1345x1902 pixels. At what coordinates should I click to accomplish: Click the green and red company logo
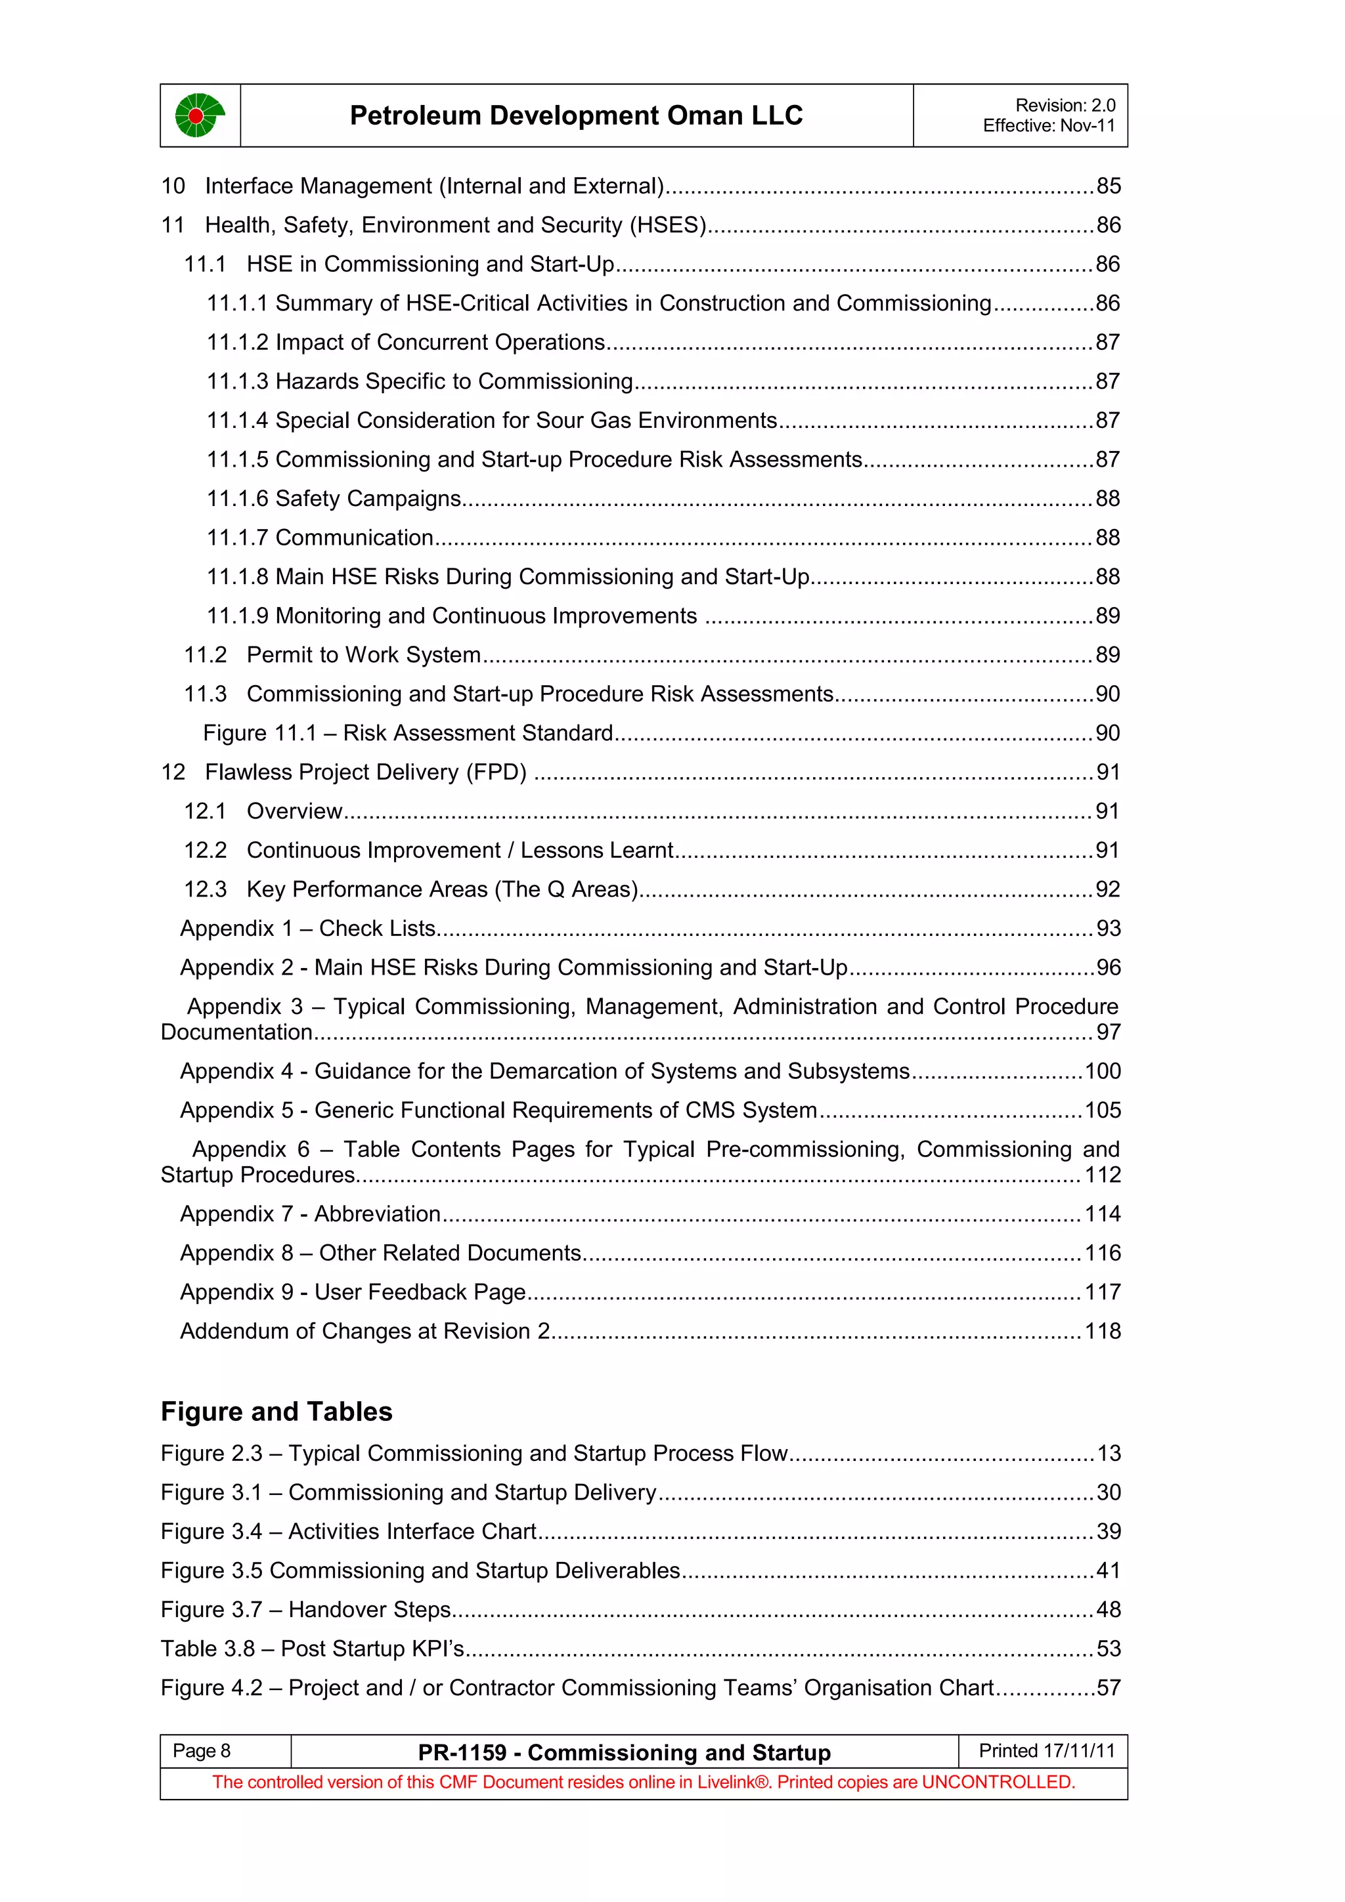tap(199, 115)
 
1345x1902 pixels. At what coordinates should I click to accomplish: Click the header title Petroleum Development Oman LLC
tap(576, 115)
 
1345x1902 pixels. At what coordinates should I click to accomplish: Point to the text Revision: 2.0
tap(1065, 105)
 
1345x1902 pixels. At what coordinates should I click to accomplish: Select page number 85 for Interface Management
tap(1108, 186)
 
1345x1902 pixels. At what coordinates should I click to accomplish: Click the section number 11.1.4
tap(237, 421)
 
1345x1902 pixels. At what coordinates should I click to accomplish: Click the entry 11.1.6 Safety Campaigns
tap(333, 499)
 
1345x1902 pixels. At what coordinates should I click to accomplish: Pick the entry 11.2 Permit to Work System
tap(332, 655)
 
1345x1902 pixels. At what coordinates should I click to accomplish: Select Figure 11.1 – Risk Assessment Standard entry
tap(408, 733)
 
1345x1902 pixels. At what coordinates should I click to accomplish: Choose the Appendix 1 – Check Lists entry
tap(307, 929)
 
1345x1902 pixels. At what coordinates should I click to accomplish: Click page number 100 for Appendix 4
tap(1102, 1071)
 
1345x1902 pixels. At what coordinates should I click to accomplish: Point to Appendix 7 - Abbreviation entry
tap(310, 1214)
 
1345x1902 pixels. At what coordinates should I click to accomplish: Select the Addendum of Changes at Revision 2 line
tap(364, 1331)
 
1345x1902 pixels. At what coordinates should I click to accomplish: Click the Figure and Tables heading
tap(276, 1412)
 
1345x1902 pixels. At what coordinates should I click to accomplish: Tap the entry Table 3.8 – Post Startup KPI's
tap(311, 1649)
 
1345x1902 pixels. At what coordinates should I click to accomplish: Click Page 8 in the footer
tap(202, 1751)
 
